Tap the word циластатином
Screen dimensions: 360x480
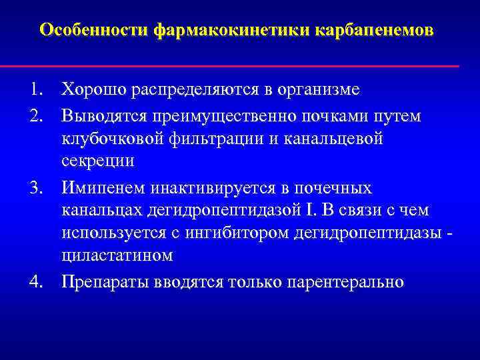pyautogui.click(x=117, y=257)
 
